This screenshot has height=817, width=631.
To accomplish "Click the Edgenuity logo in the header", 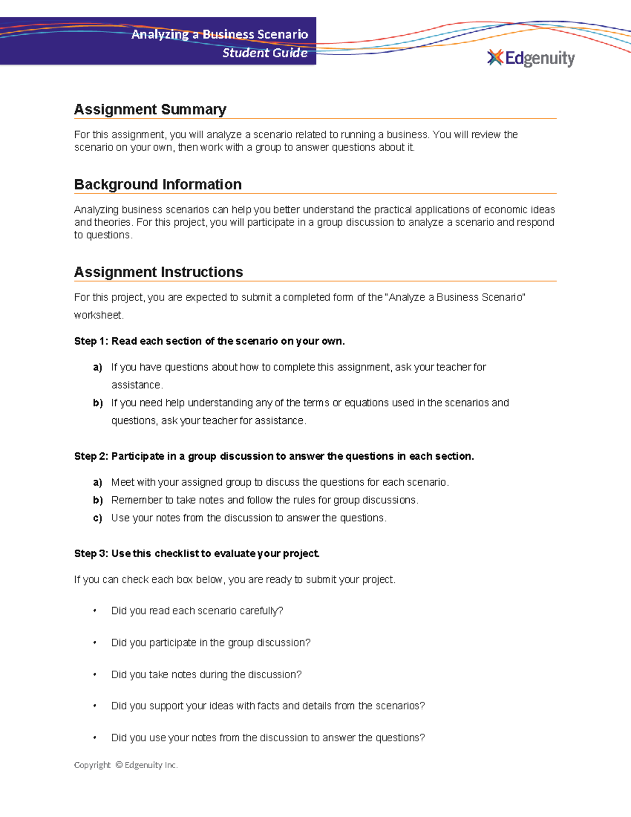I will click(x=531, y=58).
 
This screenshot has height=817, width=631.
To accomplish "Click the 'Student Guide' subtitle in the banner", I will click(x=264, y=53).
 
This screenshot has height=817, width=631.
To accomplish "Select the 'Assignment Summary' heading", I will click(x=150, y=109).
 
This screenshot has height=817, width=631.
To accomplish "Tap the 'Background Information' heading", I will click(x=158, y=185).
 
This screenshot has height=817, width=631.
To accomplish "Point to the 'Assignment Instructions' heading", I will click(x=158, y=272).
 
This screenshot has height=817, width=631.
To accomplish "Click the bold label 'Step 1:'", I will click(x=91, y=341).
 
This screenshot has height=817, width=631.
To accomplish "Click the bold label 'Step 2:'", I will click(x=91, y=456).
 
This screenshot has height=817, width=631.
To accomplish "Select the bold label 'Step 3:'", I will click(x=91, y=553).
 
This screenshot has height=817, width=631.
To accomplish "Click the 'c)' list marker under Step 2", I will click(x=97, y=518).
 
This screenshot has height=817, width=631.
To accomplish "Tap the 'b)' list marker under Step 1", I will click(x=97, y=403).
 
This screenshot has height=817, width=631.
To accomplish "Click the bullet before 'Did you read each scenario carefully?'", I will click(x=95, y=611).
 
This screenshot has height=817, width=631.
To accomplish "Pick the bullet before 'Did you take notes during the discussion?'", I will click(x=95, y=674).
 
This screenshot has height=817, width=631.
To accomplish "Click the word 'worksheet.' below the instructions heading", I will click(x=99, y=315).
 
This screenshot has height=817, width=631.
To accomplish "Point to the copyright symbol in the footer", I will click(x=118, y=765).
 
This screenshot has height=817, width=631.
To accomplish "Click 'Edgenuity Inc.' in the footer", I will click(x=151, y=765).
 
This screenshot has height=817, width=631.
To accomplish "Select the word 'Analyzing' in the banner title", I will click(x=160, y=35).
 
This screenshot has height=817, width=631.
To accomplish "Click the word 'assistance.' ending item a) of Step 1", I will click(x=137, y=385).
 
